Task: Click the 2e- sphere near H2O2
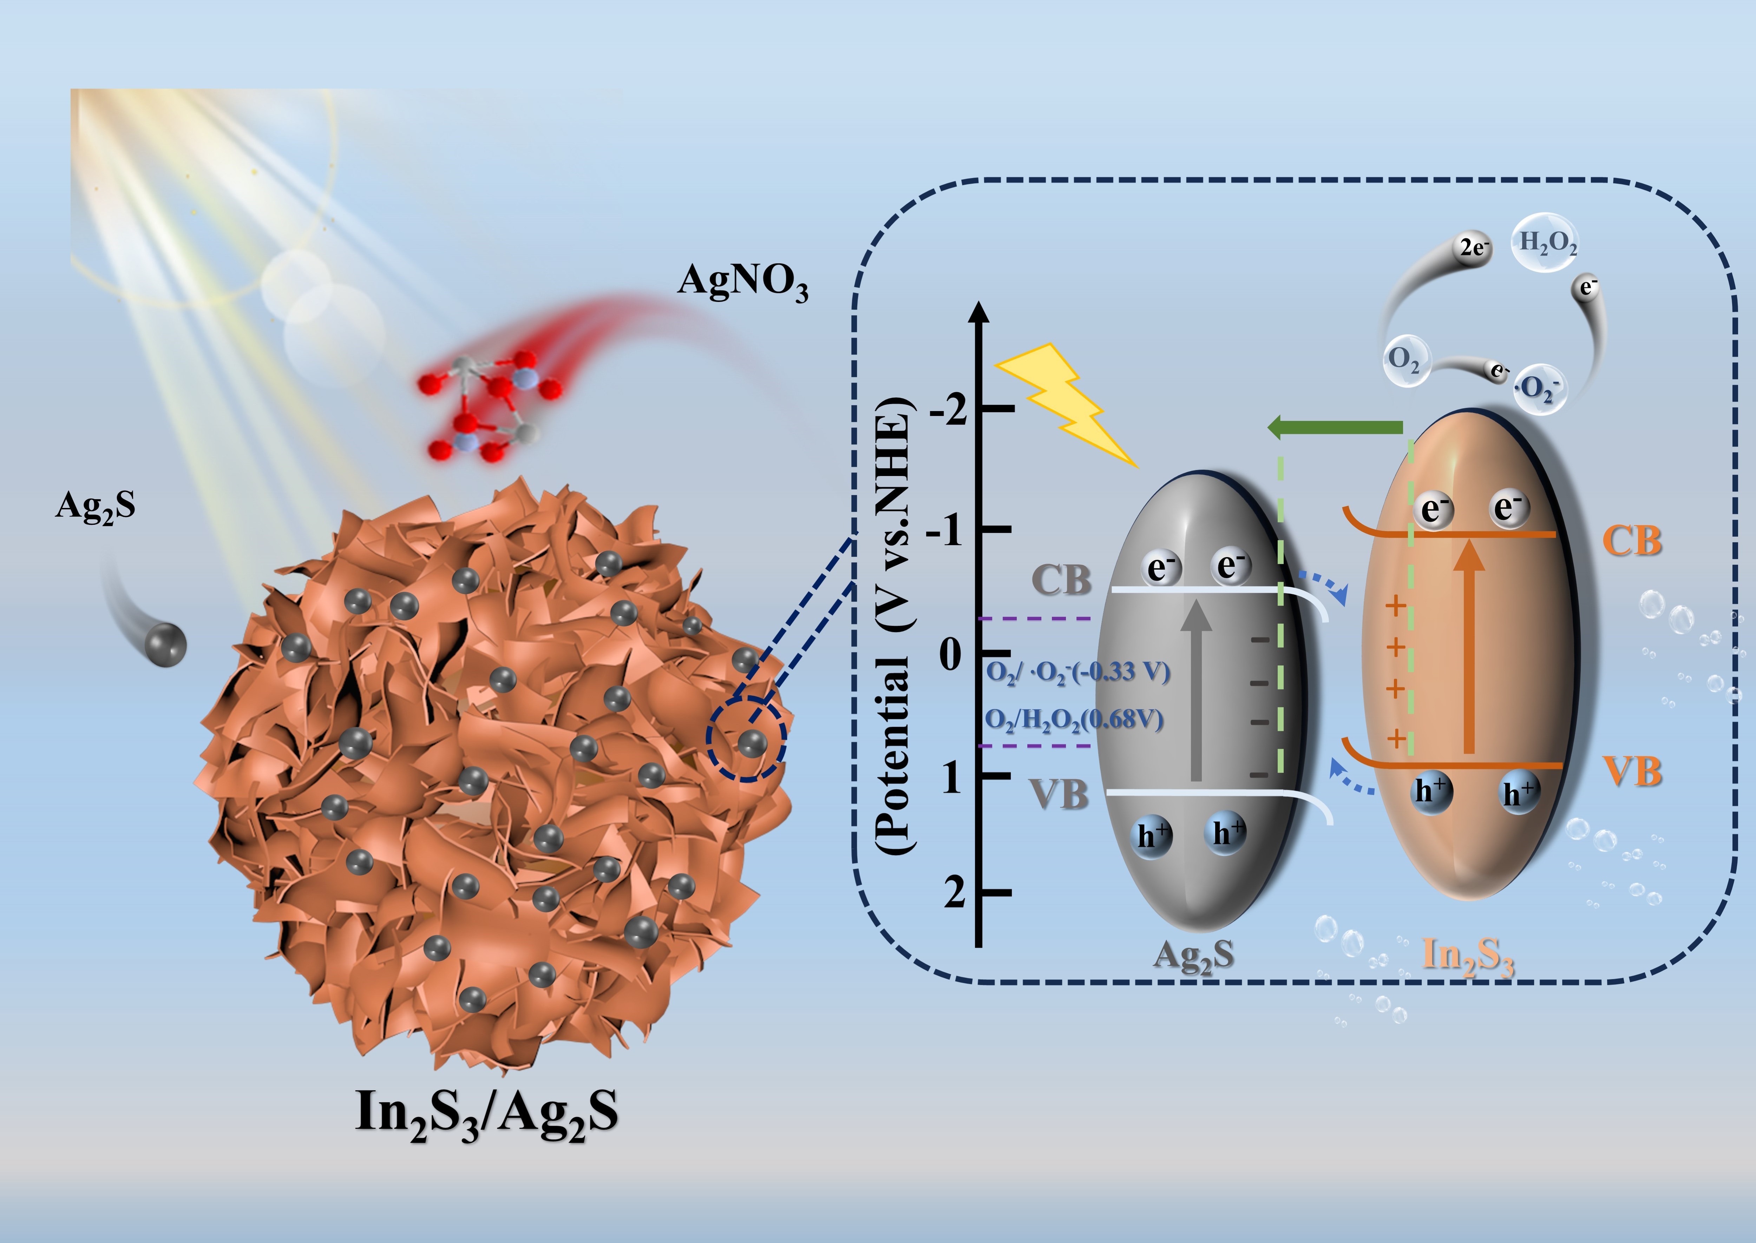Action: (x=1472, y=249)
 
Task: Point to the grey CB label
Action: (x=1061, y=580)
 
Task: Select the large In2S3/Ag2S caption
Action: (x=486, y=1114)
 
